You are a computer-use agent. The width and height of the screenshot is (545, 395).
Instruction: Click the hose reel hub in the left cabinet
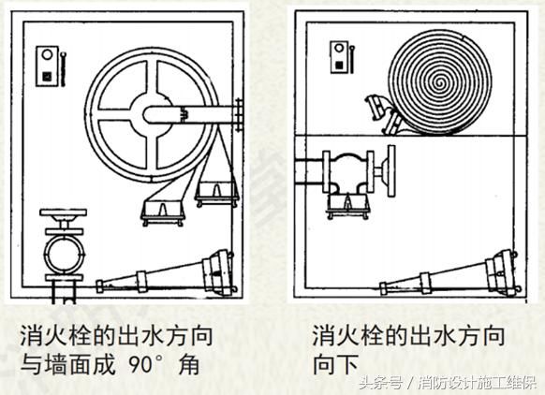pos(151,114)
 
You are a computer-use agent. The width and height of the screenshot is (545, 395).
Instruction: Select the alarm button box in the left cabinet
pos(47,66)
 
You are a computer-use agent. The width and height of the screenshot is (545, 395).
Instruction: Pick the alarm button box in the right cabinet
pos(339,57)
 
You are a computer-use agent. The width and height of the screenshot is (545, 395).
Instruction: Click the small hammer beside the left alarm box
pos(64,69)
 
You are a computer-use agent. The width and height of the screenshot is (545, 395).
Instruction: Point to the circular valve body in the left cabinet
pos(65,255)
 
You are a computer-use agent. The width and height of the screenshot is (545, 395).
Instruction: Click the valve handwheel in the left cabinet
pos(64,212)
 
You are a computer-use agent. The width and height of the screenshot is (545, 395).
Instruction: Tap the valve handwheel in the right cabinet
pos(391,171)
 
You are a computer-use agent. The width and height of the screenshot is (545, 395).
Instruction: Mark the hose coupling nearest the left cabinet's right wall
pos(217,194)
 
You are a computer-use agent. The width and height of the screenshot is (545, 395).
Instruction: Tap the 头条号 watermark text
pos(381,383)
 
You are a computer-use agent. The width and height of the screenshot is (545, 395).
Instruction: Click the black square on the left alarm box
pos(47,77)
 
